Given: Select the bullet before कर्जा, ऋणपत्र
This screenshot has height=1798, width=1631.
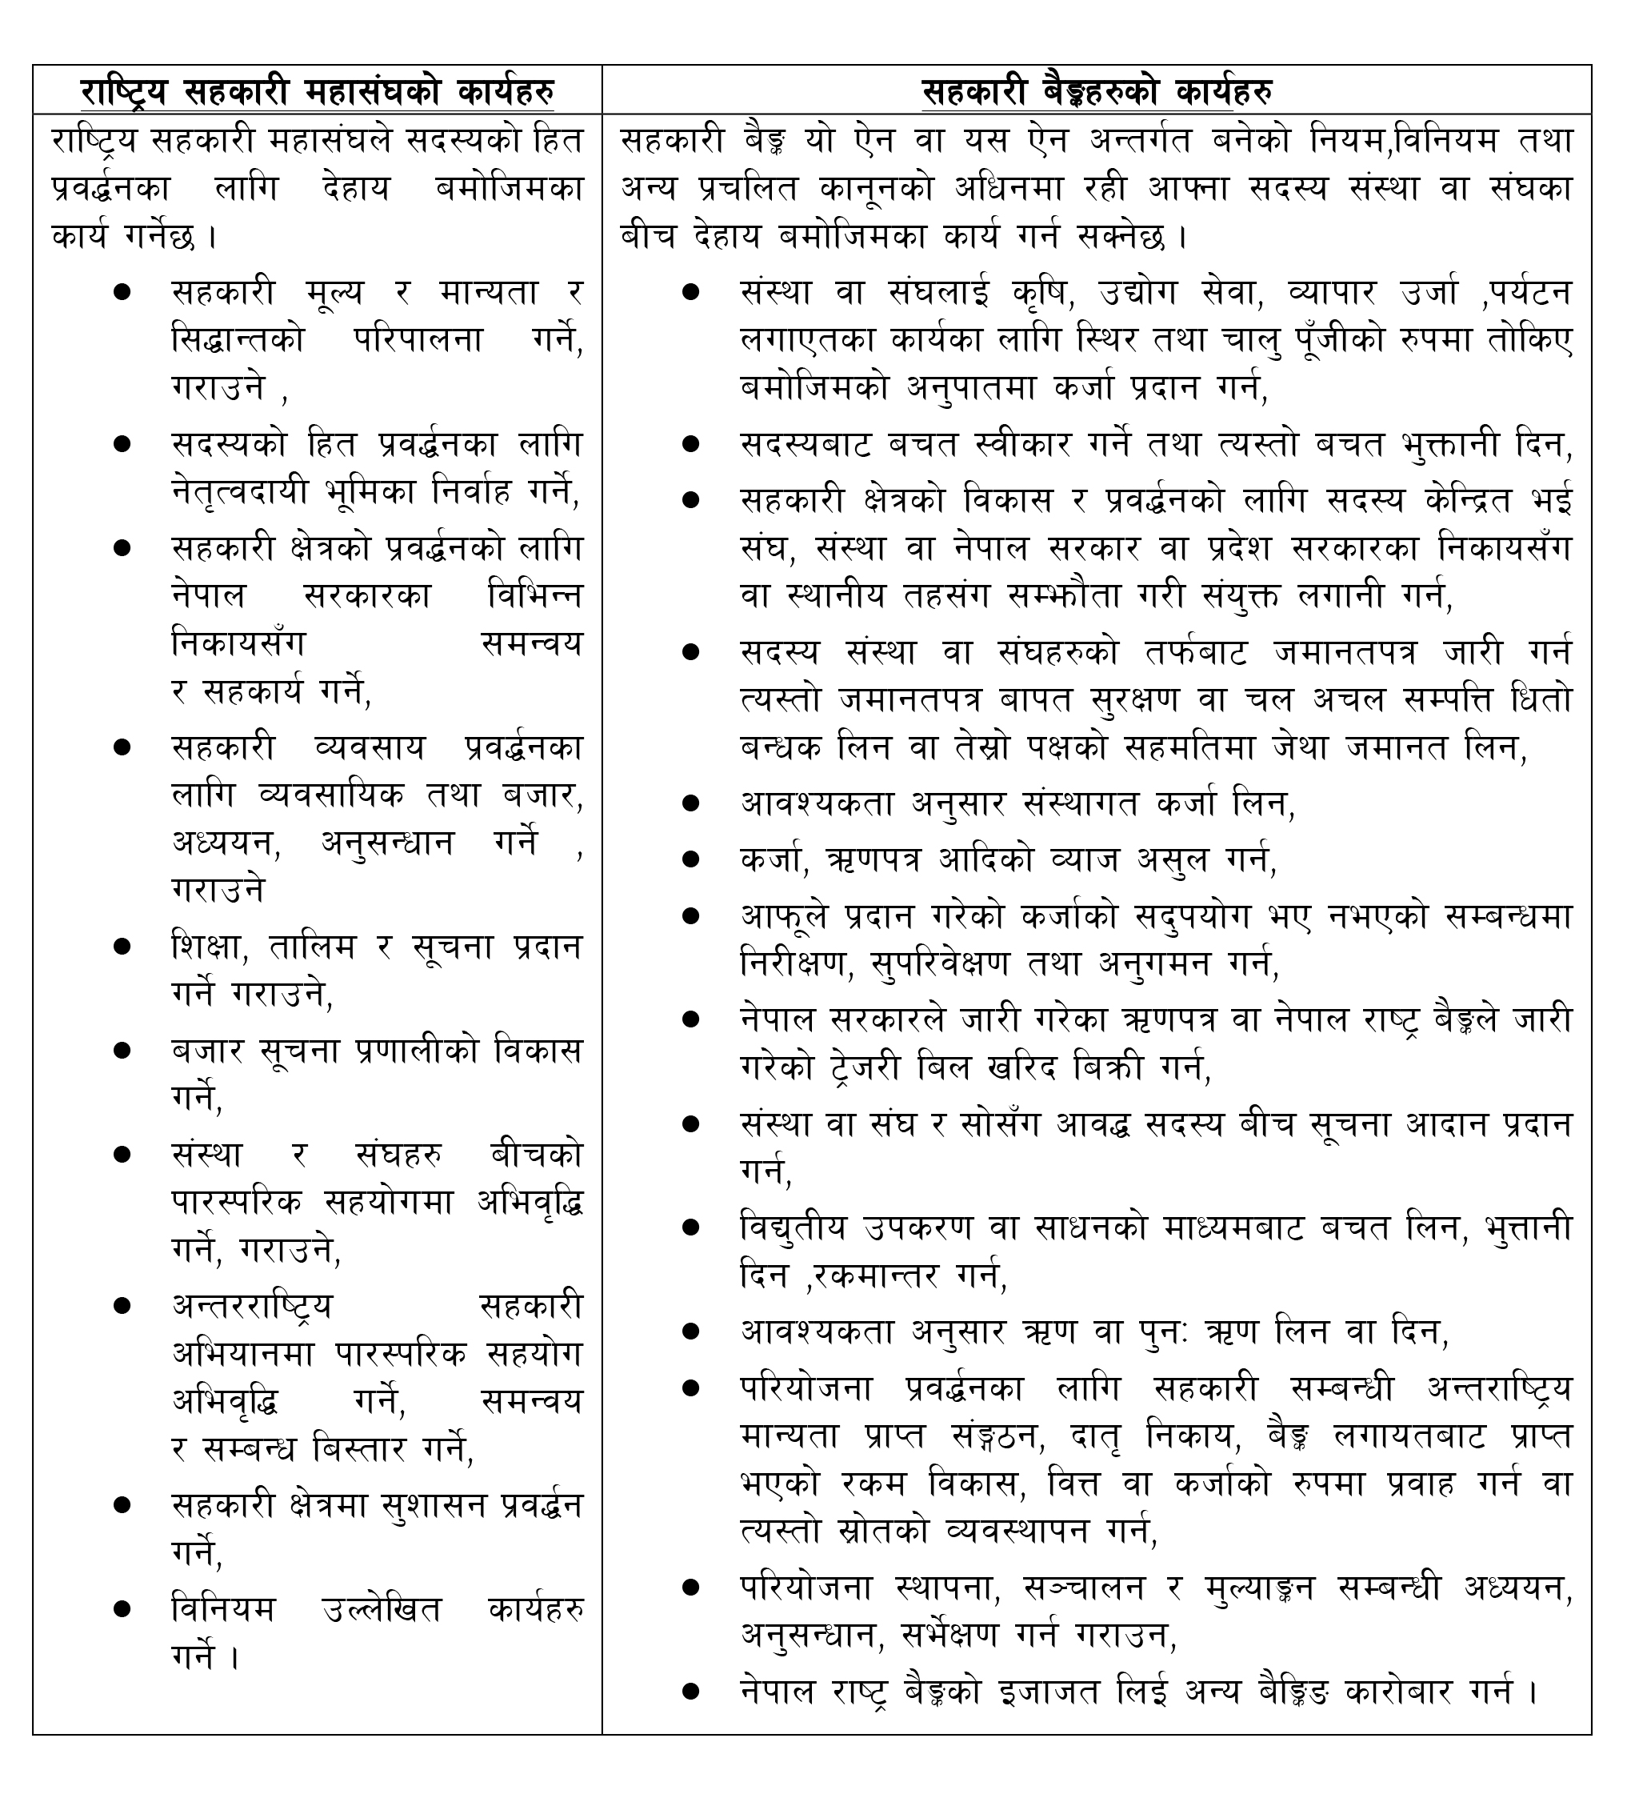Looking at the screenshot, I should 690,859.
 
